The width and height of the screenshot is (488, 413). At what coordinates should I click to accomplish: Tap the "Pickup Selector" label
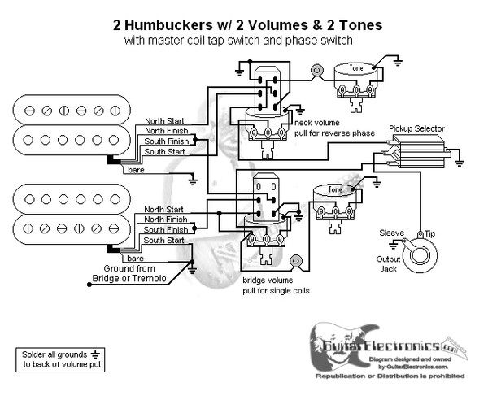(416, 128)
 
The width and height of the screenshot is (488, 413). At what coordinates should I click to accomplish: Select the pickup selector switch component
(419, 152)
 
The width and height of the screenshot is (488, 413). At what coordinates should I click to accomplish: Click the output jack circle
(421, 254)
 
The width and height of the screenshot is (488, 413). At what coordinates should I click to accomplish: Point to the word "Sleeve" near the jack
(392, 233)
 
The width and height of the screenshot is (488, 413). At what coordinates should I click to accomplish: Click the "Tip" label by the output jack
(429, 233)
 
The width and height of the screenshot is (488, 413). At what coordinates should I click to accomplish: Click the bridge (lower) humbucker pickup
(72, 215)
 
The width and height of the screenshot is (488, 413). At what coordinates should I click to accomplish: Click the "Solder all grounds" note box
(60, 359)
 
